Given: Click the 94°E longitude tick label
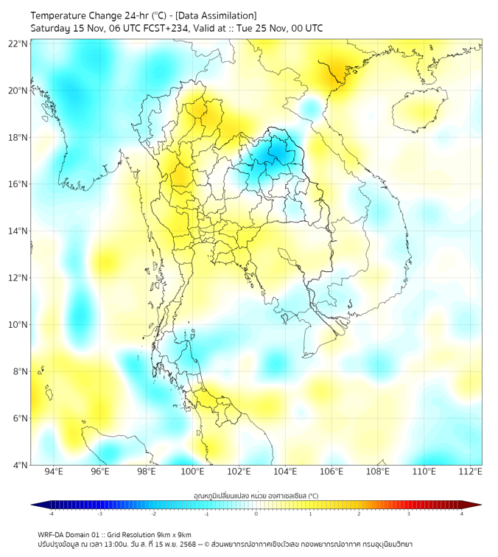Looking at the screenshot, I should (54, 472).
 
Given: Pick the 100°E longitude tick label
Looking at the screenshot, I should (193, 472).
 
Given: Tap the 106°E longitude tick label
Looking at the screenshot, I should (332, 472).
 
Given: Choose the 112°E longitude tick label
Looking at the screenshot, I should (471, 472).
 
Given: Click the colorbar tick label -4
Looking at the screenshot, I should (51, 514).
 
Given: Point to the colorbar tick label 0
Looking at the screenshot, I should (256, 514).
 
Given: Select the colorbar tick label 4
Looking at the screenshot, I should (462, 514).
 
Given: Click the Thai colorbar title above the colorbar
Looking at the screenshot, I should (256, 496).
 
